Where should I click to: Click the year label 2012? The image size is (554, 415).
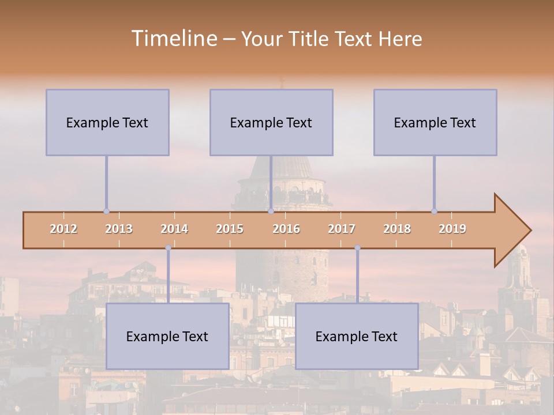[x=63, y=229]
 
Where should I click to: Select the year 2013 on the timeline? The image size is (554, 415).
[x=119, y=229]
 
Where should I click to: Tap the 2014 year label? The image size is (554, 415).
[x=174, y=229]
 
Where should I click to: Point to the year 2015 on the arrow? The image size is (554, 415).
[x=230, y=229]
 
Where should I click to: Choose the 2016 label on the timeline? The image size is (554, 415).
[x=286, y=229]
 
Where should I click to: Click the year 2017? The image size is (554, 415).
[x=342, y=229]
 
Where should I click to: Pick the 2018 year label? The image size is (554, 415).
[x=397, y=229]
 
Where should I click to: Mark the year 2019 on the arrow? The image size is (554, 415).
[x=452, y=229]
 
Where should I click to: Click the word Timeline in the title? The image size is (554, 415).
[x=174, y=39]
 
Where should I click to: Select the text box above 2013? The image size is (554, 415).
[x=107, y=122]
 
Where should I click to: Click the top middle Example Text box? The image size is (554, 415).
[x=271, y=122]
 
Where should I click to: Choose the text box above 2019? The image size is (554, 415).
[x=435, y=122]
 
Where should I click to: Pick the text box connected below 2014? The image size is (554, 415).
[x=167, y=336]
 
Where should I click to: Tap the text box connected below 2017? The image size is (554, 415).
[x=357, y=336]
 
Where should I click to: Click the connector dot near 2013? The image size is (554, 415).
[x=106, y=212]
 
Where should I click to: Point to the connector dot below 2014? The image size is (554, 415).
[x=168, y=248]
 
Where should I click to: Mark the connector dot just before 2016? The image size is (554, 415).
[x=271, y=212]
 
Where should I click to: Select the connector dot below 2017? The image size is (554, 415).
[x=357, y=248]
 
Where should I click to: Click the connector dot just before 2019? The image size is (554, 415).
[x=434, y=212]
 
